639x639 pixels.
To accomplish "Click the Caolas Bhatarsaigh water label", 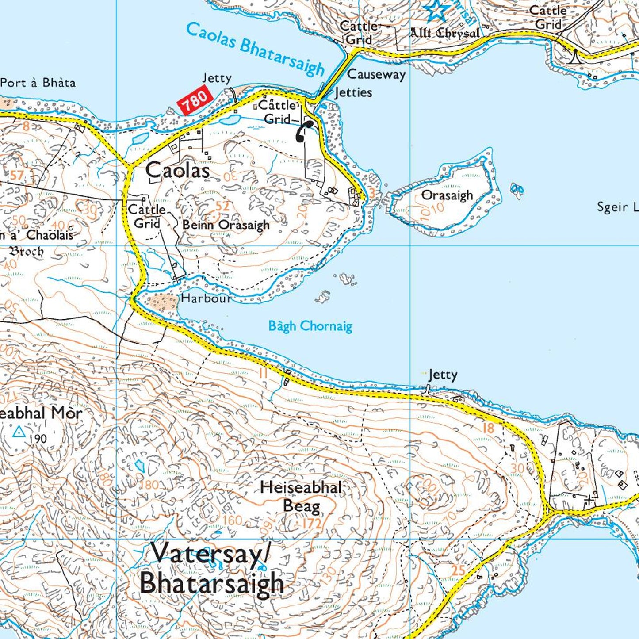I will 255,50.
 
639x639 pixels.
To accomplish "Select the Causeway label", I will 376,74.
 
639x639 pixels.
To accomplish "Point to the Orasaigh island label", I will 447,195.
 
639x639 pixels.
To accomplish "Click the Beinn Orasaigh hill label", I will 226,225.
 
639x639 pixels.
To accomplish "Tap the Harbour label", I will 206,298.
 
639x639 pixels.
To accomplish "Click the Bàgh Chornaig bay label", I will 310,326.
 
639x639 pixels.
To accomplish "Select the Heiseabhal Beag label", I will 301,496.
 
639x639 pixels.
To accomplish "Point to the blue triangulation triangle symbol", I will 19,432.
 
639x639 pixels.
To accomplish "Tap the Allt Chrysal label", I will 444,33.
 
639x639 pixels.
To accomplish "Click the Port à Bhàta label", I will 38,83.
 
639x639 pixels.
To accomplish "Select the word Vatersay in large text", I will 207,553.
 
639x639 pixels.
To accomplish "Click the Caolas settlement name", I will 177,170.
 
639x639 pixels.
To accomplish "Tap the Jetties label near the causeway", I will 353,92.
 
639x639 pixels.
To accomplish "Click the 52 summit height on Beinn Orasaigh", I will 223,206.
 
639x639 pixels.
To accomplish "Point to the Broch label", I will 27,251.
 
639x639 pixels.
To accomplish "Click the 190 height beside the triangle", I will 38,439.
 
